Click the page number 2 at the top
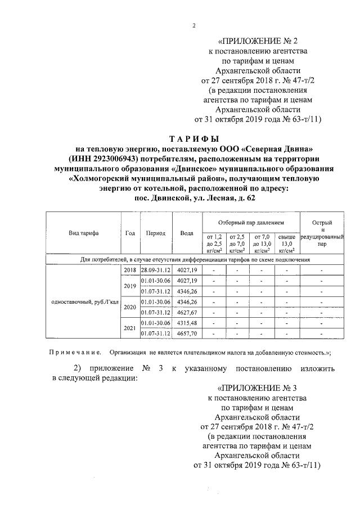192,25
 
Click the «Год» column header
130,233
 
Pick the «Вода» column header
186,233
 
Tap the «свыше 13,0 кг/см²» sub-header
287,244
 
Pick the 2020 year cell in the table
130,307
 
